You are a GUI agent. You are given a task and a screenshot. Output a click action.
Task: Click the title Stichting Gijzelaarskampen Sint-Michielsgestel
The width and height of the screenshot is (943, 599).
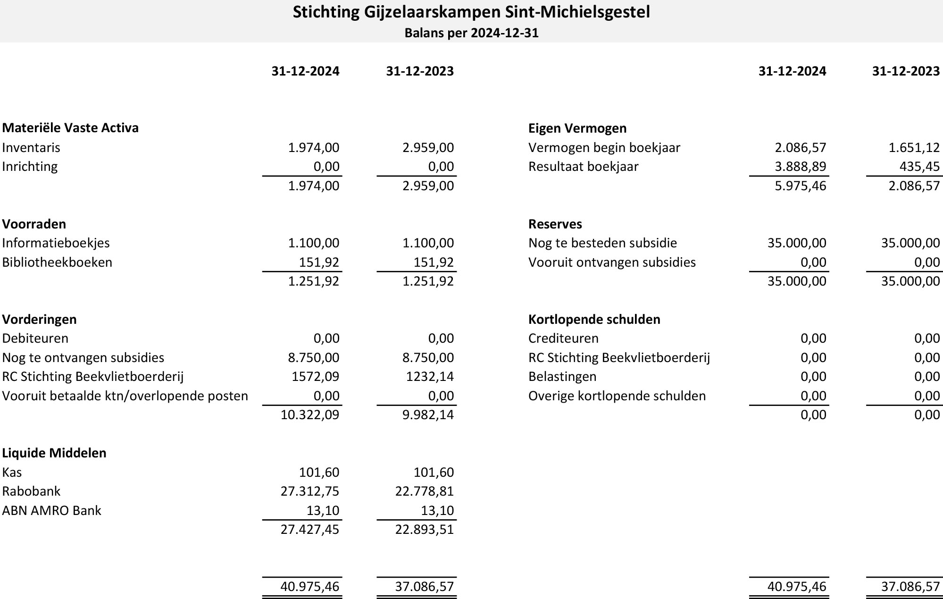[471, 12]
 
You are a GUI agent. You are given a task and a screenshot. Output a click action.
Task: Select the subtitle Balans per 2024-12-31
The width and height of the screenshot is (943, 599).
[471, 33]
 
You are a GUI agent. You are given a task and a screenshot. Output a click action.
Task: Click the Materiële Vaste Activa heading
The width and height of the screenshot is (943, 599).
[70, 128]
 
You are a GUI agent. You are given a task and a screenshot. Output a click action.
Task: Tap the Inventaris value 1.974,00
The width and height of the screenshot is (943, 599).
[314, 148]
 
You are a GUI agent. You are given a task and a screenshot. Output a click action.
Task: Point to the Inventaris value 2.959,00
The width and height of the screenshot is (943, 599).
[428, 148]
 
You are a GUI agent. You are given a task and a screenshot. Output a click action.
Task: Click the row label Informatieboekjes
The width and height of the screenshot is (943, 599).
[56, 243]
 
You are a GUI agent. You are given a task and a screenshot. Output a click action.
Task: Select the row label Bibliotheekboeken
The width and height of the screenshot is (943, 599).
[57, 262]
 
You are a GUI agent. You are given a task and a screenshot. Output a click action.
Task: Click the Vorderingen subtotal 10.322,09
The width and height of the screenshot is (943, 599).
[310, 415]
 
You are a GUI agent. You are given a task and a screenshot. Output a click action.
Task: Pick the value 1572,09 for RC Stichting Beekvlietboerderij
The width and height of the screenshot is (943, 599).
[314, 377]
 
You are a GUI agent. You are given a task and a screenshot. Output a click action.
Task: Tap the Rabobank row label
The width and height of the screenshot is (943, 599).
[31, 491]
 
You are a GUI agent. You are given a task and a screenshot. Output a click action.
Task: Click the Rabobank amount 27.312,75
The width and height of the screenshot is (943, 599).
[310, 491]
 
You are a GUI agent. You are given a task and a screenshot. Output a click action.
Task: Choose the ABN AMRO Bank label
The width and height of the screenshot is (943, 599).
[51, 511]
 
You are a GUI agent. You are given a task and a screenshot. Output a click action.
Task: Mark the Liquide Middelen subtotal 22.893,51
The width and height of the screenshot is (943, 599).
[425, 530]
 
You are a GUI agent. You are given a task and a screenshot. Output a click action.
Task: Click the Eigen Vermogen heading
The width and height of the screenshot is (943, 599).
[577, 128]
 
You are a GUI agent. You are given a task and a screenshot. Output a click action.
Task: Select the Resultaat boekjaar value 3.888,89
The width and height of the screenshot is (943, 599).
[801, 167]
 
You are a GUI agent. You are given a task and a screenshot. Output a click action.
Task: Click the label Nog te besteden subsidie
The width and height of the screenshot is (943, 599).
[602, 243]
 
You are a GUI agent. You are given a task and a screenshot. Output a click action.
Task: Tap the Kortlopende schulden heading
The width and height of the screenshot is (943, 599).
[594, 320]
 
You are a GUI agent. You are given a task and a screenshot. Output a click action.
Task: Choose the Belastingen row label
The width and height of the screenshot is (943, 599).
[562, 377]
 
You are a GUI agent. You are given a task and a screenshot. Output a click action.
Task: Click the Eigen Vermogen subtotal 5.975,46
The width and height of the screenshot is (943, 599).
[801, 186]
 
